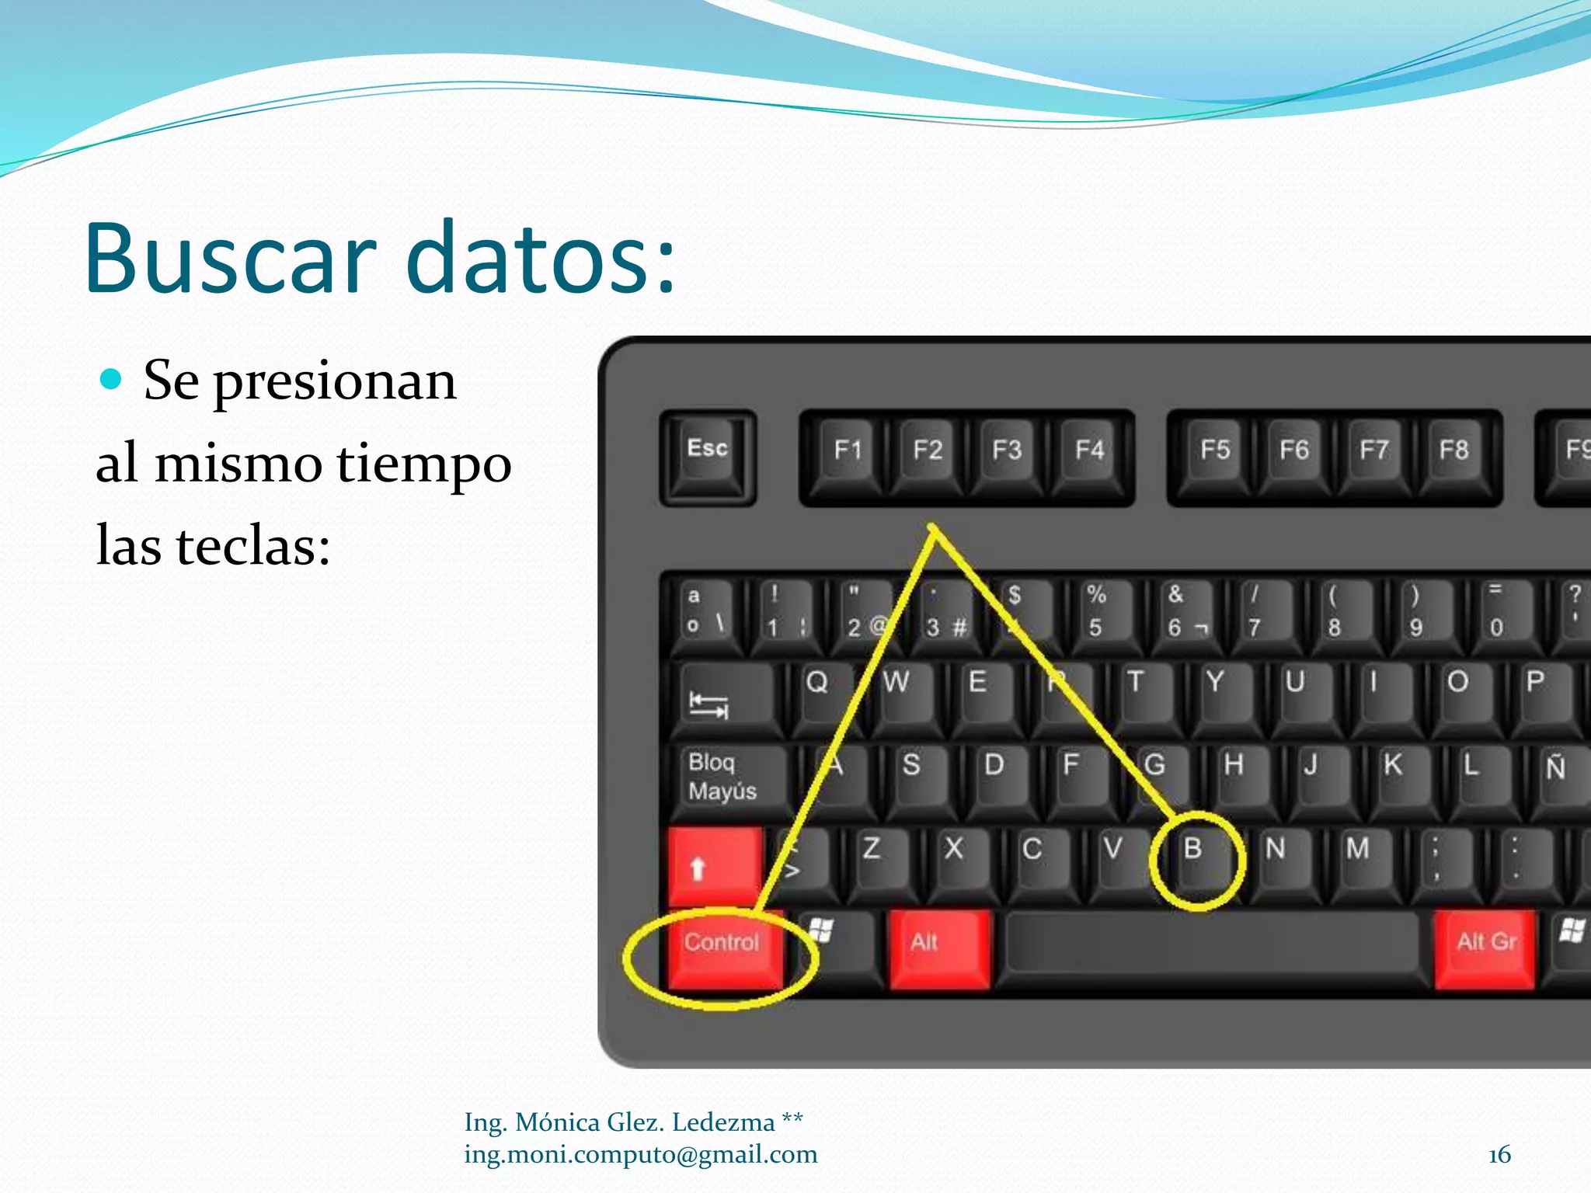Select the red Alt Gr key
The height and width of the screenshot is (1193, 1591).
[x=1485, y=948]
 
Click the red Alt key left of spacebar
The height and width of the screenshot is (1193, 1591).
[x=938, y=948]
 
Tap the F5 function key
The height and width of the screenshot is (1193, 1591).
[x=1215, y=454]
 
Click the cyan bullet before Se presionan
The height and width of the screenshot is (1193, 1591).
[x=112, y=379]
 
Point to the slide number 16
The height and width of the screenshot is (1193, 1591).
[x=1499, y=1155]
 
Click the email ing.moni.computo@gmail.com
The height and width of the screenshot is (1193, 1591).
[x=640, y=1155]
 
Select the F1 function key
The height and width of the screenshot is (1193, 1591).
[x=847, y=454]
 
